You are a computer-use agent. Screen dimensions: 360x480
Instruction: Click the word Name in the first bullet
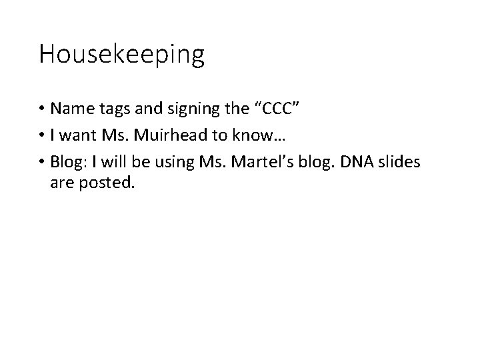click(70, 109)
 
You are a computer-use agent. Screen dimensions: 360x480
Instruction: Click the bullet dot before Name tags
click(42, 109)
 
